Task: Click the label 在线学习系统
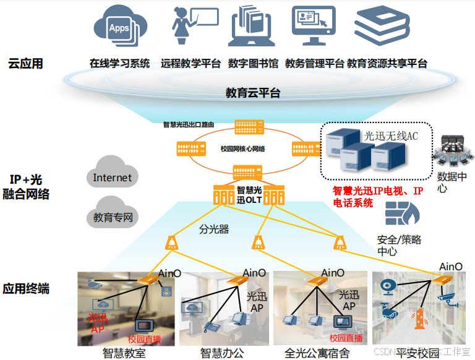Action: (119, 63)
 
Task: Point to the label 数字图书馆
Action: (253, 63)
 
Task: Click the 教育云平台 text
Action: (252, 93)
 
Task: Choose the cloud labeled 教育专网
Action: (113, 216)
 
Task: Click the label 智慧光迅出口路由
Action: (189, 124)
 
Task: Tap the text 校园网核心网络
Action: (242, 148)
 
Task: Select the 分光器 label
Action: (214, 229)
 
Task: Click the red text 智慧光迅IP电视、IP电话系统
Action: (378, 197)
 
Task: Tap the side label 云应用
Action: (25, 64)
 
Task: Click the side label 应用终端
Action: (25, 289)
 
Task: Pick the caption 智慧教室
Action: (124, 353)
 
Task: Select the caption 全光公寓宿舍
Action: (317, 353)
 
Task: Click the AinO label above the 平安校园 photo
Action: (450, 267)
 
